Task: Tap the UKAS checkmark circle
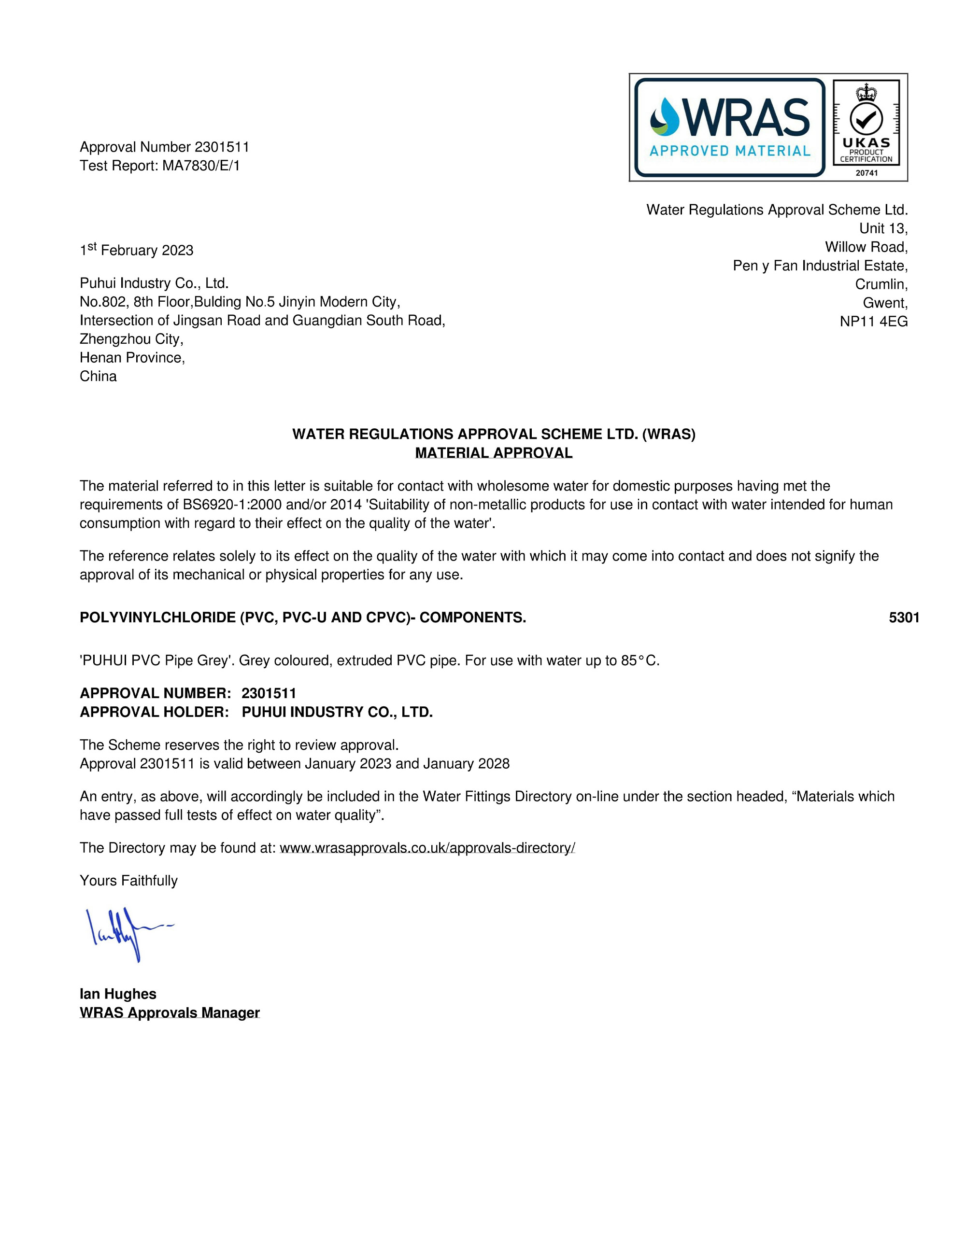(866, 118)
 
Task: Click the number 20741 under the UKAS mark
(867, 173)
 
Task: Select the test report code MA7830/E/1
(201, 166)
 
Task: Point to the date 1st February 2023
(137, 250)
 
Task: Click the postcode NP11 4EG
(873, 322)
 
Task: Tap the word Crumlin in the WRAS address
(881, 284)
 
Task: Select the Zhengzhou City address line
(131, 339)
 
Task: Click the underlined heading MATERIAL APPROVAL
(493, 453)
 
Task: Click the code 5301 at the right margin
(904, 618)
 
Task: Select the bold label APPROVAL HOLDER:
(154, 712)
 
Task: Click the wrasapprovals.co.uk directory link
(427, 848)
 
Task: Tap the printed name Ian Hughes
(118, 994)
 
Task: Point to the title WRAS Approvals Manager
(170, 1012)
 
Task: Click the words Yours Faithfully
(128, 881)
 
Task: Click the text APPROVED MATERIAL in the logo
(729, 151)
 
